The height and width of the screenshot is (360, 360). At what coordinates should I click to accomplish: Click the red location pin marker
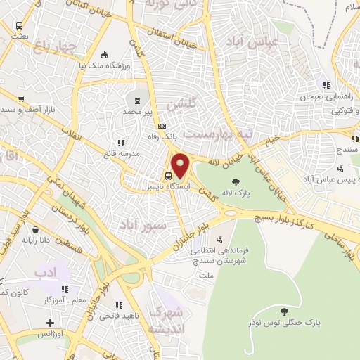pyautogui.click(x=180, y=165)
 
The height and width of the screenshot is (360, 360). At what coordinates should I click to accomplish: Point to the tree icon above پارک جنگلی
pyautogui.click(x=284, y=311)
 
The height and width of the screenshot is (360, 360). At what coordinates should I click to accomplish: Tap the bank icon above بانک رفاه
pyautogui.click(x=163, y=127)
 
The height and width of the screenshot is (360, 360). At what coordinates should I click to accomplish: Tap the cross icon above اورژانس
pyautogui.click(x=49, y=323)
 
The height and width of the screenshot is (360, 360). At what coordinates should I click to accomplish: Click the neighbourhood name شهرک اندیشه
pyautogui.click(x=167, y=320)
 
